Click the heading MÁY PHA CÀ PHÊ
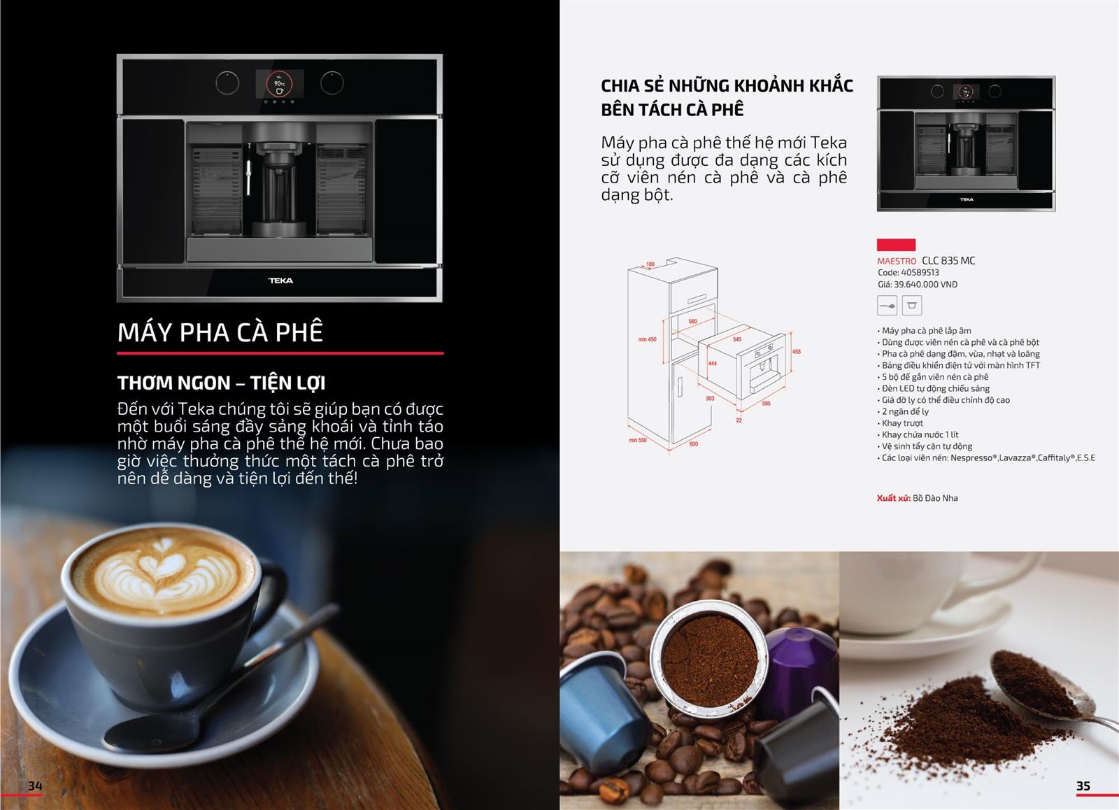[220, 332]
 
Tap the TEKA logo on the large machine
[280, 280]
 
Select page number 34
[35, 786]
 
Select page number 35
[1083, 786]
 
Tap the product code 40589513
[920, 273]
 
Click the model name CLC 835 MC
[948, 261]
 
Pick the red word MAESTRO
[897, 261]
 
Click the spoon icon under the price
[887, 306]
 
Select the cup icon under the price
[912, 306]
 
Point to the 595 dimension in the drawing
[766, 404]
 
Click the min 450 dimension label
[648, 340]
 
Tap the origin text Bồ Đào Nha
[935, 498]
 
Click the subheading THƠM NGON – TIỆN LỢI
[221, 383]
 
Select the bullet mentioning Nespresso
[988, 458]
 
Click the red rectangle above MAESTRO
[896, 245]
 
